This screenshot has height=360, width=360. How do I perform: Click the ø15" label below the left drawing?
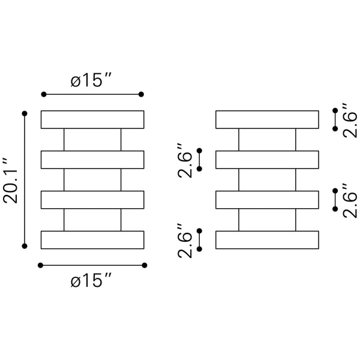[x=92, y=280]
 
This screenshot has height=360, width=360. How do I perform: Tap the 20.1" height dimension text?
[x=11, y=181]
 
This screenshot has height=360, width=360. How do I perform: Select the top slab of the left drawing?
[x=92, y=119]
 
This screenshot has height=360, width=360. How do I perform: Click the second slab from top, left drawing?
[x=92, y=160]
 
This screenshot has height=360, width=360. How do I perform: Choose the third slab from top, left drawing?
[x=92, y=199]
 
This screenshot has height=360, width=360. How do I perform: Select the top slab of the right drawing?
[x=267, y=119]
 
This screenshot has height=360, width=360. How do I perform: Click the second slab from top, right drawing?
[x=267, y=160]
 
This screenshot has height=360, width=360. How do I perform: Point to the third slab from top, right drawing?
[x=267, y=199]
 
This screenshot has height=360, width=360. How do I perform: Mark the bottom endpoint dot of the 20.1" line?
[x=25, y=245]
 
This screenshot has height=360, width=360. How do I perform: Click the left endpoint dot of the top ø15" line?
[x=43, y=94]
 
